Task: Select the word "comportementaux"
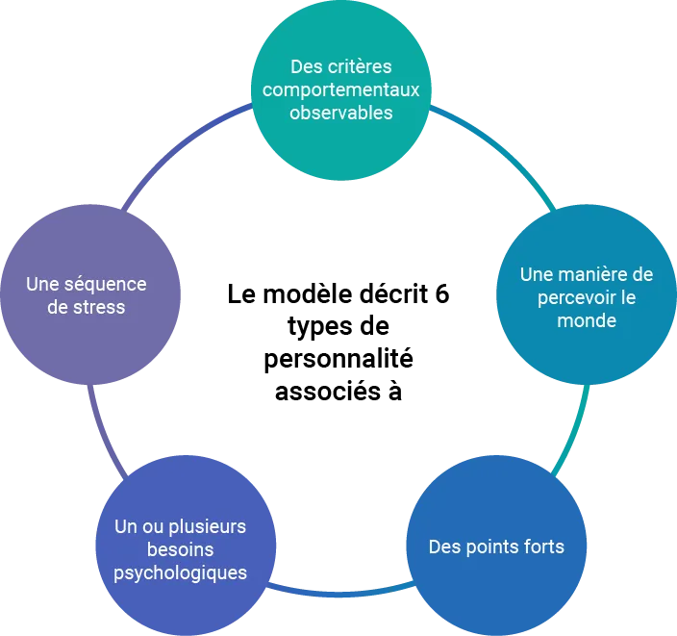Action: tap(341, 90)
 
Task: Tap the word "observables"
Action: tap(341, 113)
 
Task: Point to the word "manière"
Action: tap(590, 275)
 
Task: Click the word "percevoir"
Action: tap(564, 297)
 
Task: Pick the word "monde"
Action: tap(587, 319)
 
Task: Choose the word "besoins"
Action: tap(181, 549)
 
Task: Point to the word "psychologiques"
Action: tap(181, 572)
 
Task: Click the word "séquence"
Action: tap(106, 285)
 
